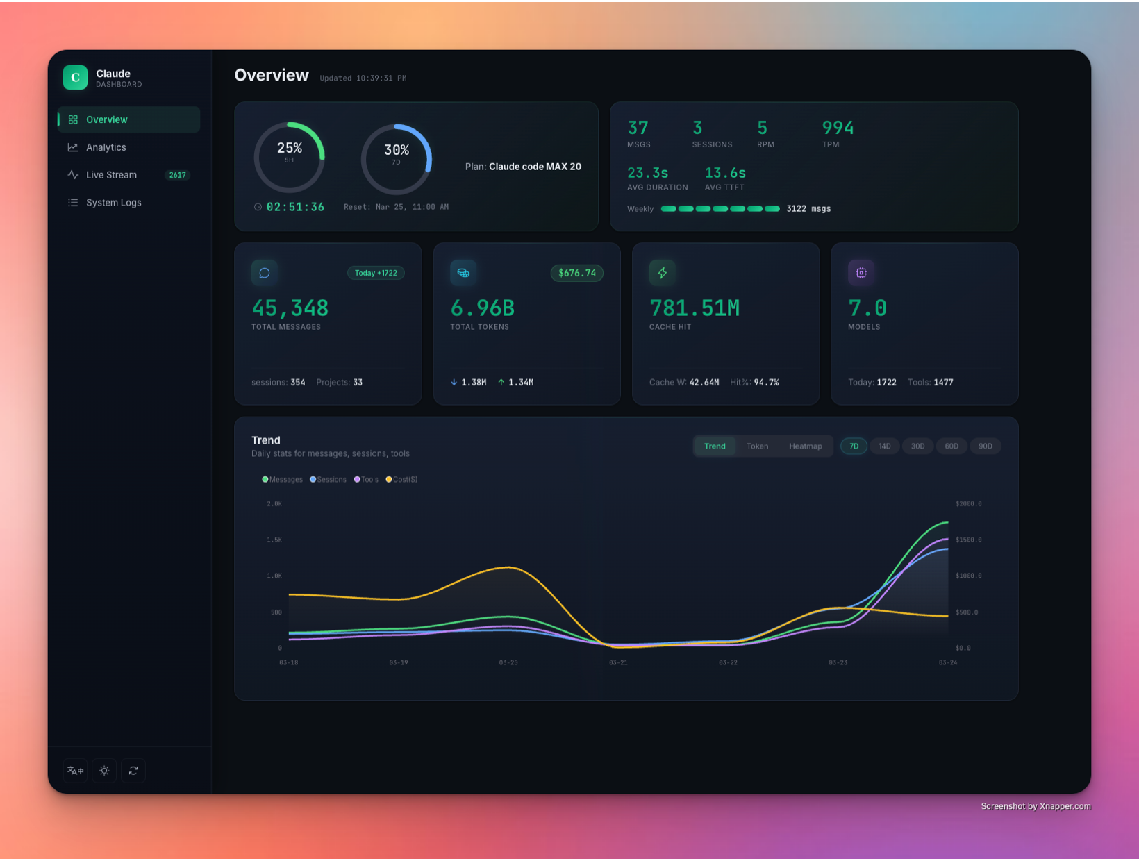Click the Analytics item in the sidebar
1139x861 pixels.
[106, 147]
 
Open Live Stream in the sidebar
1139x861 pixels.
[111, 175]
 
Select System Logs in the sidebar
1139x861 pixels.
[113, 203]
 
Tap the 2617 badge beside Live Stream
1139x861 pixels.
[177, 175]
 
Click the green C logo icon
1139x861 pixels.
[75, 78]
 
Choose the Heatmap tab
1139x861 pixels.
[805, 446]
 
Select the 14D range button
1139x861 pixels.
[884, 446]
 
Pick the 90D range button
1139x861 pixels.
[985, 446]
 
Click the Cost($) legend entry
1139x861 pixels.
[402, 480]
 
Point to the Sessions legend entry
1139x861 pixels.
[329, 480]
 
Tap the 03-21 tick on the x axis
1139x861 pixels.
[618, 663]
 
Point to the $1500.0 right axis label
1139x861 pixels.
[968, 540]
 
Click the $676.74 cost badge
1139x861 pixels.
[576, 273]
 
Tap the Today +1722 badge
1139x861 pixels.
[376, 273]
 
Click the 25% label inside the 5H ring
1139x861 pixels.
[290, 148]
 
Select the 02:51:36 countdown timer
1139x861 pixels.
[295, 207]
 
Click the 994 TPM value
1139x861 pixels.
[838, 128]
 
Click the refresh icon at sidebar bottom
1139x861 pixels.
[133, 771]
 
